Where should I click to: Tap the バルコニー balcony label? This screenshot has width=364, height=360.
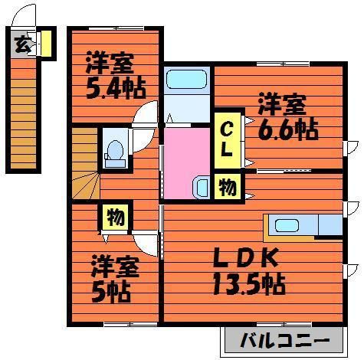click(x=287, y=339)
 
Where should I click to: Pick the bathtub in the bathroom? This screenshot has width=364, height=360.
click(x=187, y=80)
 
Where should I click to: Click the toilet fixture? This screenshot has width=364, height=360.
click(x=116, y=151)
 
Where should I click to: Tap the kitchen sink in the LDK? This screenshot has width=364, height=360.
click(x=287, y=225)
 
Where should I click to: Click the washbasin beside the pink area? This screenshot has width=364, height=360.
click(x=201, y=186)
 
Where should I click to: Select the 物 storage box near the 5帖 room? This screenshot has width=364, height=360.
click(x=114, y=218)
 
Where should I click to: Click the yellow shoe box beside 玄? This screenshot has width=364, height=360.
click(x=45, y=43)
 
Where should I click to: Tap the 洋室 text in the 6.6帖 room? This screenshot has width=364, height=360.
click(x=281, y=103)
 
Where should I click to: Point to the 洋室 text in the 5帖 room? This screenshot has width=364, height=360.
click(x=114, y=267)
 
